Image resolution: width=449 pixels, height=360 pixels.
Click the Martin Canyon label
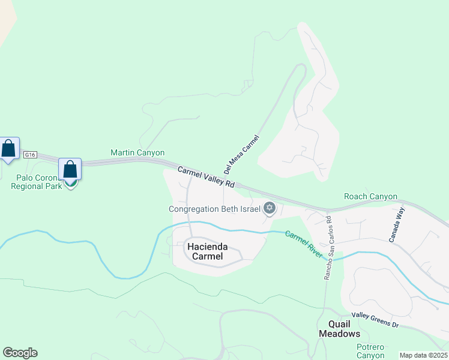[x=137, y=153]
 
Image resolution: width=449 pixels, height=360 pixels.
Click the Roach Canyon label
[x=370, y=196]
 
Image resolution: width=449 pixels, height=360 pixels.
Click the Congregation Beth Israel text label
[x=214, y=209]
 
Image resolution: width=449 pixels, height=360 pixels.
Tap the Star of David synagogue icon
[x=270, y=208]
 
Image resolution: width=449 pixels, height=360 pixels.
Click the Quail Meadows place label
[x=339, y=329]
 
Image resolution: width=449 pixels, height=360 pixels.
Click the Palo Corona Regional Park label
[x=37, y=182]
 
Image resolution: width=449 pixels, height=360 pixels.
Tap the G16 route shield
[x=31, y=155]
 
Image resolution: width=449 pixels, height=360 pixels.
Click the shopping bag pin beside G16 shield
[x=9, y=149]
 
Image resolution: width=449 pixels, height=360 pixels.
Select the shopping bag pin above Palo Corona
[x=70, y=170]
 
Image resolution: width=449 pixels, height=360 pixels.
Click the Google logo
[x=20, y=353]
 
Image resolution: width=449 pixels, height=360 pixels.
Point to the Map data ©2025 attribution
[x=423, y=355]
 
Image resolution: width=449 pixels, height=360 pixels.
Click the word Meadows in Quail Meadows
[x=339, y=334]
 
